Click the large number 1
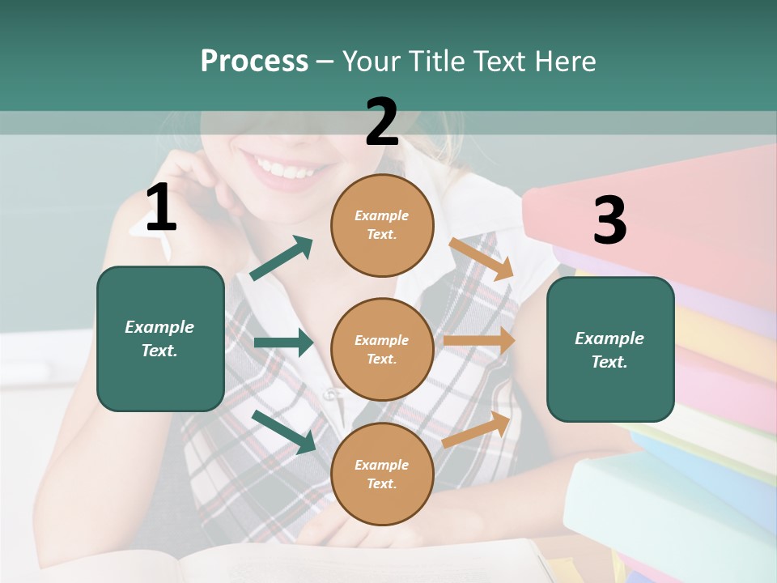coord(161,209)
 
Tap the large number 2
coord(382,122)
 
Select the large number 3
coord(609,220)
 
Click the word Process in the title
coord(254,61)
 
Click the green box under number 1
coord(160,338)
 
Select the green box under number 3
coord(610,349)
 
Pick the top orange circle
coord(382,225)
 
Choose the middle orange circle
coord(382,349)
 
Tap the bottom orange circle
coord(382,474)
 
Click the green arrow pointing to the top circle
coord(282,258)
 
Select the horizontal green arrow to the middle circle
coord(283,343)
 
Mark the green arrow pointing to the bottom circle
coord(284,431)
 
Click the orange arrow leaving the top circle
coord(482,258)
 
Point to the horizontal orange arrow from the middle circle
coord(479,340)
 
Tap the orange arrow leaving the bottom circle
coord(477,429)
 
